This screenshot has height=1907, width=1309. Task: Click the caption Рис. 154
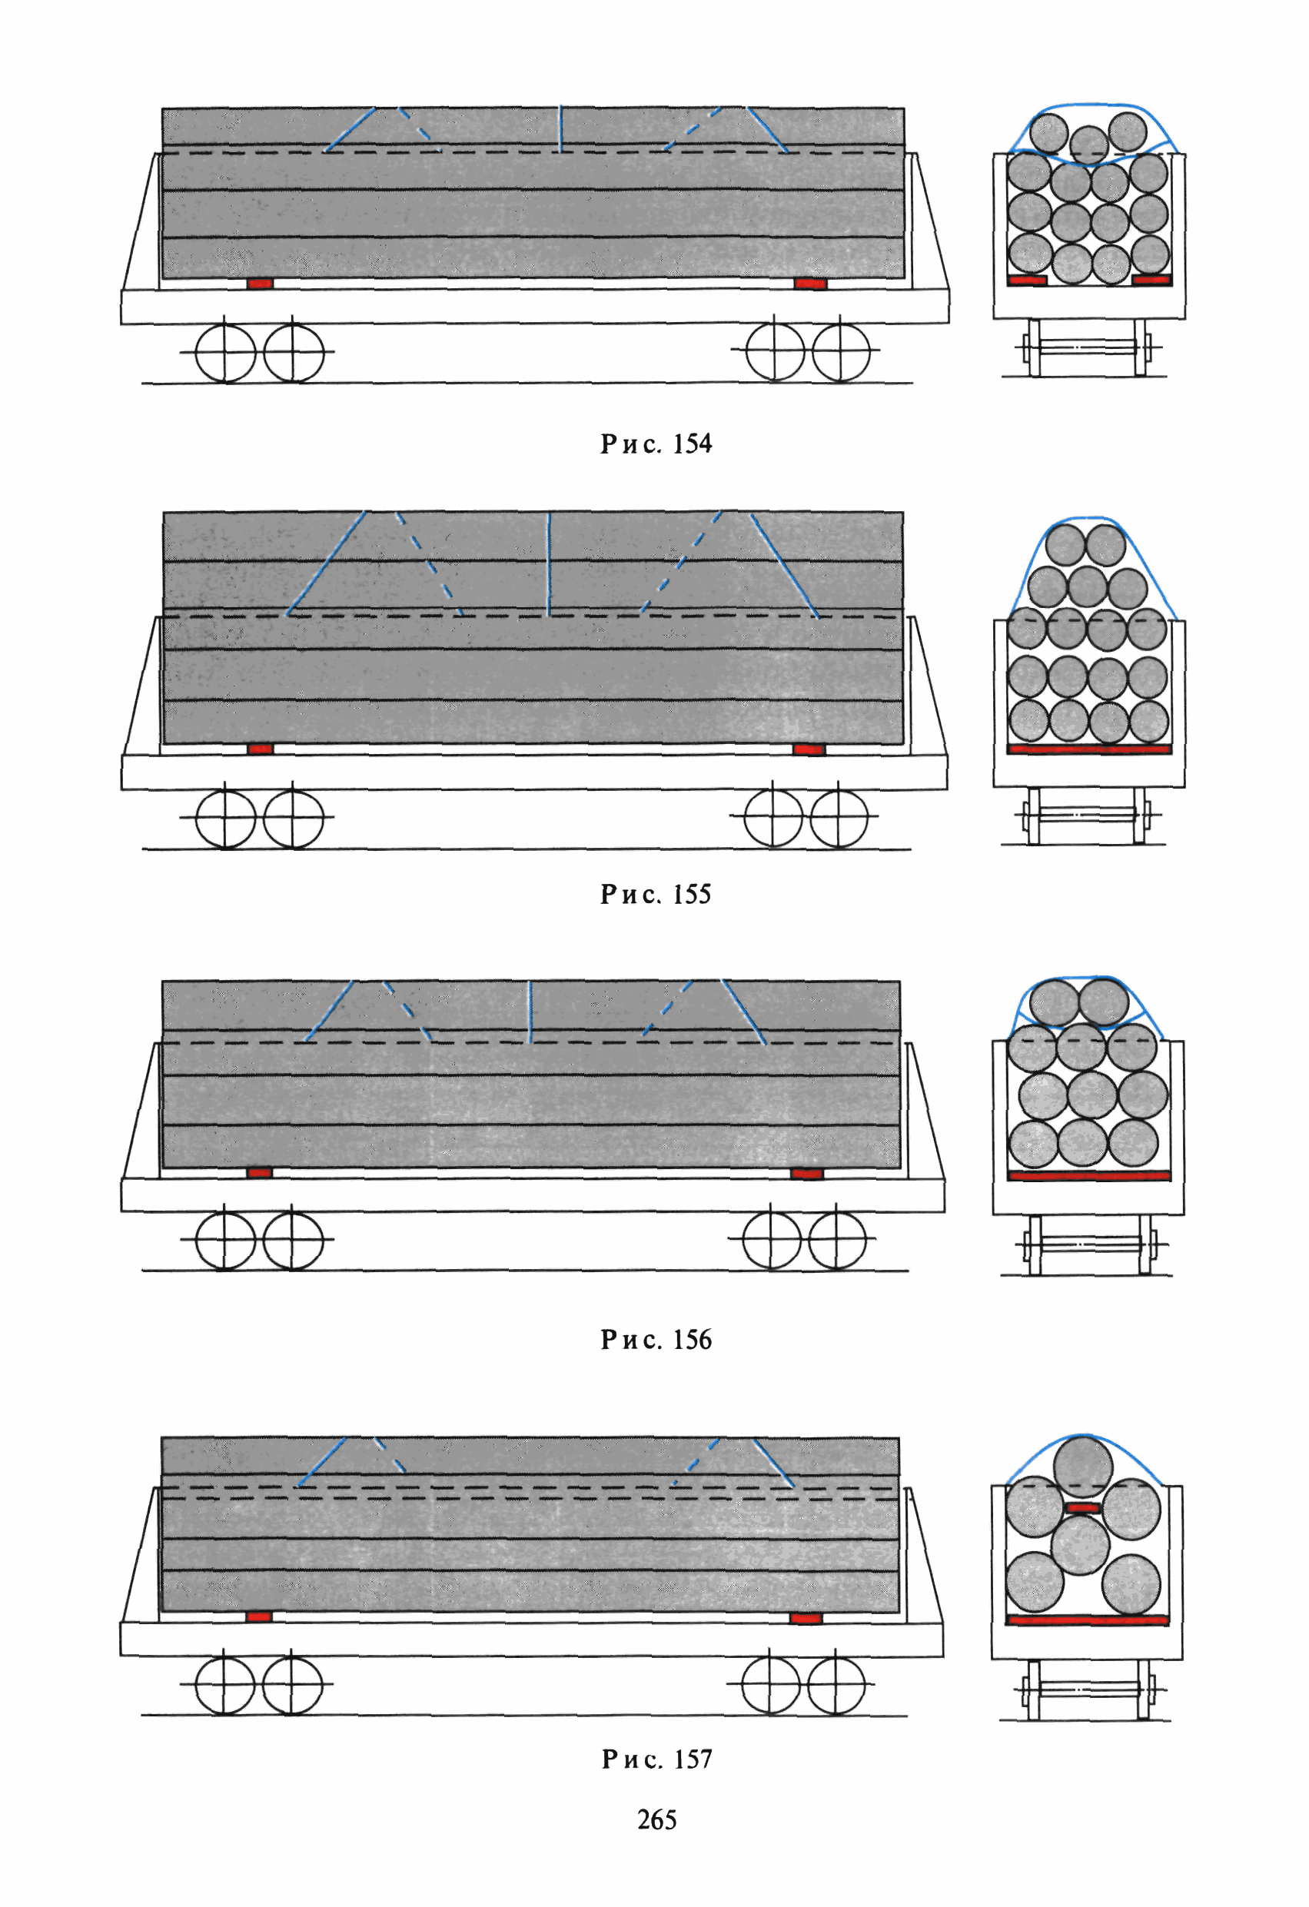656,444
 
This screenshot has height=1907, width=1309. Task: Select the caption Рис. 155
656,894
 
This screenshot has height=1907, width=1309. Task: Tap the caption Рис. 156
656,1339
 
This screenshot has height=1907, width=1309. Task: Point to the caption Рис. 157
656,1759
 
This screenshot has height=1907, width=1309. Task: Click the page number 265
656,1819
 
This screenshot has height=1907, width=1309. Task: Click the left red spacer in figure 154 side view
259,283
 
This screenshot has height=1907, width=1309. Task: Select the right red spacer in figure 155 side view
809,749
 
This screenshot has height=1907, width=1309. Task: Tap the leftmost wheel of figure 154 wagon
226,353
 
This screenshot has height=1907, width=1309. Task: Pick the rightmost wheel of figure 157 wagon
836,1686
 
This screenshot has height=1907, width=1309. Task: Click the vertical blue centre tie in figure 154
560,128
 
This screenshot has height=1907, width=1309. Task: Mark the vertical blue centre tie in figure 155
548,563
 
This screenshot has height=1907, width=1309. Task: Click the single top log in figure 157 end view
1082,1467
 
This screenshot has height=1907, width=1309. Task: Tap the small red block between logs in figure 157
1082,1507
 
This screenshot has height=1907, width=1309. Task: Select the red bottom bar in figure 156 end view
1088,1176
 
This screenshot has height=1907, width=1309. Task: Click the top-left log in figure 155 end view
1065,544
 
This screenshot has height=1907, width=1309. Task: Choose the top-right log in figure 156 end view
1103,1002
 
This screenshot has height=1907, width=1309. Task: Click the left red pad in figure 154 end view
1027,281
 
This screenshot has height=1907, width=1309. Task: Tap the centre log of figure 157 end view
1080,1544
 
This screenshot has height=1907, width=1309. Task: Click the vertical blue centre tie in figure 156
530,1011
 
